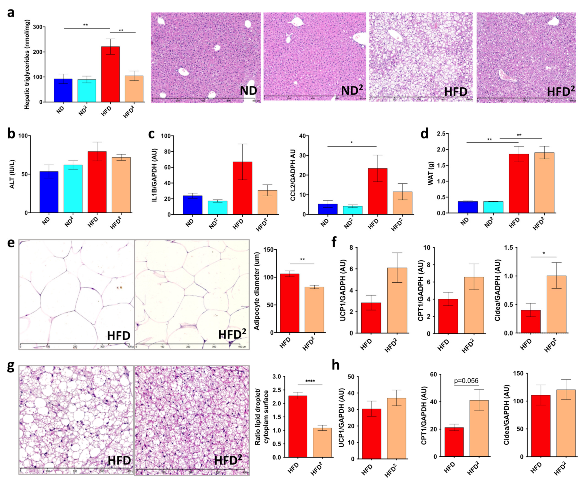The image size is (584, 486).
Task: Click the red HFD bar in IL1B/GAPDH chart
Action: click(x=243, y=188)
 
